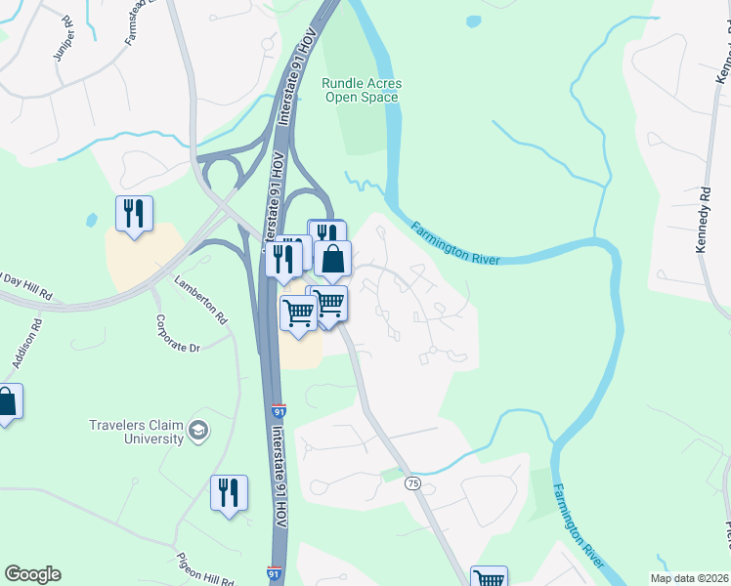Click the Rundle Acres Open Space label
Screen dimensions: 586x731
click(362, 91)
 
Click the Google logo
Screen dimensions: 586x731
click(32, 574)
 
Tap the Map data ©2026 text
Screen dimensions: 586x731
click(689, 578)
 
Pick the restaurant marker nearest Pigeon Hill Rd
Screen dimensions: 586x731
click(229, 493)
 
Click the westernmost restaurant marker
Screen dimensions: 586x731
click(134, 214)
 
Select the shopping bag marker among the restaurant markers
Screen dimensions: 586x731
click(332, 259)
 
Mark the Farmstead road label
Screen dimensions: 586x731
click(138, 23)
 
